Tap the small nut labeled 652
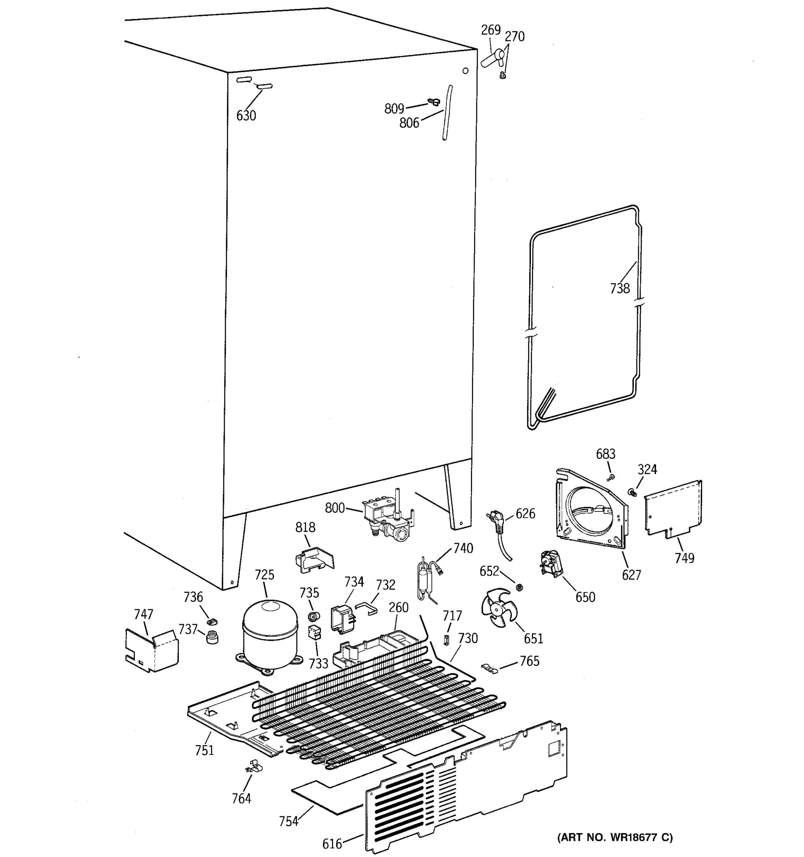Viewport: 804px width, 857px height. click(519, 587)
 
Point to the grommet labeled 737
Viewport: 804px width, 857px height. click(212, 637)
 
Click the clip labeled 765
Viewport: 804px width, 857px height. click(489, 668)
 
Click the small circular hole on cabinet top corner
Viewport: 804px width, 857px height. click(465, 70)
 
